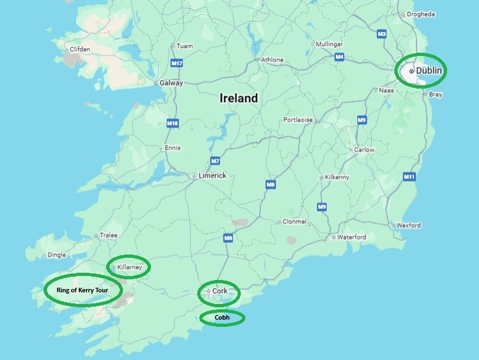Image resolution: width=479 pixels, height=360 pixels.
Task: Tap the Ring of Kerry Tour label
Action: (82, 290)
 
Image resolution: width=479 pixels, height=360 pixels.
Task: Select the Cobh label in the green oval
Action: (222, 318)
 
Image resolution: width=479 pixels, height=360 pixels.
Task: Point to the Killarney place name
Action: (130, 267)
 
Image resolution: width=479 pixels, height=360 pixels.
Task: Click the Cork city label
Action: (220, 291)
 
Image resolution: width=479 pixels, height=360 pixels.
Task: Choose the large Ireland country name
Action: (238, 98)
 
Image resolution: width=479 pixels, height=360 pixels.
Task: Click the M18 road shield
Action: (172, 123)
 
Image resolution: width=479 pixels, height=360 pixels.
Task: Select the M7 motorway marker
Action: (215, 161)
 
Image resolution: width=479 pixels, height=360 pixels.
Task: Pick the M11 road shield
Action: (409, 176)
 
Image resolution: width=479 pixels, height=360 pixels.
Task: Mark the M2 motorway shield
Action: (382, 33)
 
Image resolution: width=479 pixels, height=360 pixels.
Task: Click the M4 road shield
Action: (339, 57)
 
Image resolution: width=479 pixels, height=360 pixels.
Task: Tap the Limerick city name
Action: (212, 176)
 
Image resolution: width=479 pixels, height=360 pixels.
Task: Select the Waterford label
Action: (351, 237)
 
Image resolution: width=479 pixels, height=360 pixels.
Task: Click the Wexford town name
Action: (409, 225)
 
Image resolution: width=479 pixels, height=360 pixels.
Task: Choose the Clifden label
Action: (81, 49)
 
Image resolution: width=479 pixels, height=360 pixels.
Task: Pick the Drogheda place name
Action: (422, 14)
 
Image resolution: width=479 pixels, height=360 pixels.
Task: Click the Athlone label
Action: (272, 60)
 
